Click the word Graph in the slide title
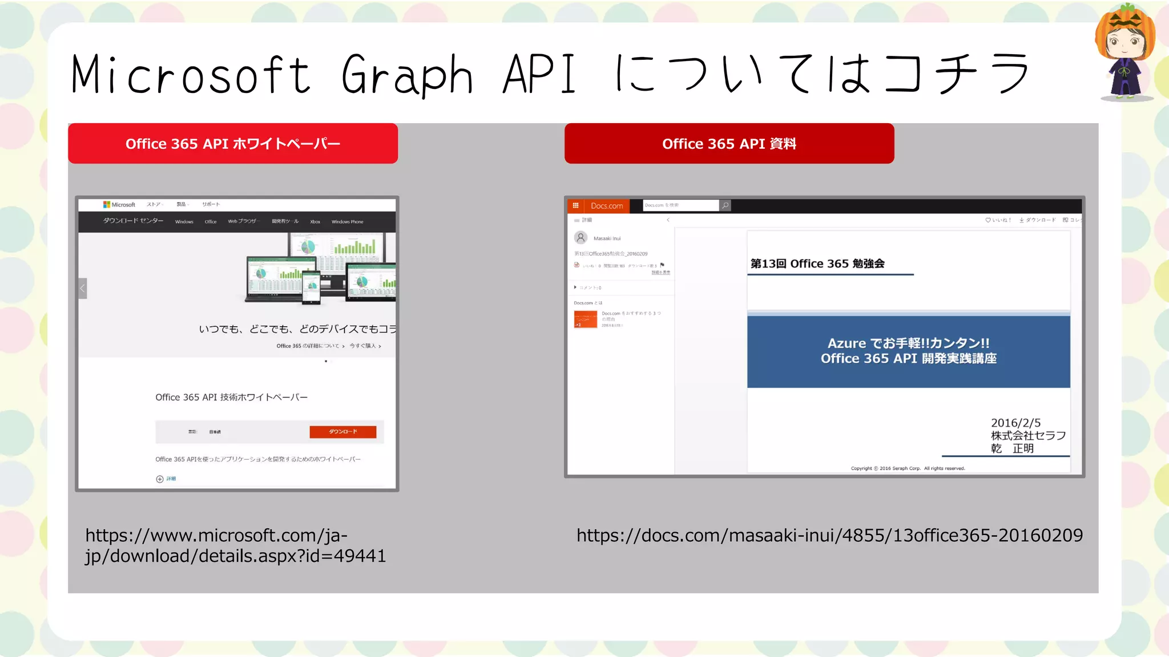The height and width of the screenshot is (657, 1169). pyautogui.click(x=407, y=75)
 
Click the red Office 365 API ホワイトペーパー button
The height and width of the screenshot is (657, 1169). pyautogui.click(x=233, y=144)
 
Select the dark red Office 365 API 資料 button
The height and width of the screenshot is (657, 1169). pyautogui.click(x=729, y=144)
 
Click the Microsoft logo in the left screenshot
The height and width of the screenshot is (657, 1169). pyautogui.click(x=119, y=205)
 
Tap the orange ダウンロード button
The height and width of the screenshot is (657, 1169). pyautogui.click(x=342, y=432)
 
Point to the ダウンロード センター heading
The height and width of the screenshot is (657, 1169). pyautogui.click(x=133, y=221)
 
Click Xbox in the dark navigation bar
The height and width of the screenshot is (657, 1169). pyautogui.click(x=315, y=222)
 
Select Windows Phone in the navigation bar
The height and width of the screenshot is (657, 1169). pyautogui.click(x=347, y=222)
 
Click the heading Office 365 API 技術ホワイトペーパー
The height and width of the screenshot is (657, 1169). pyautogui.click(x=231, y=398)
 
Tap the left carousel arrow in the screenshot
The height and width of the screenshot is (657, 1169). pyautogui.click(x=83, y=289)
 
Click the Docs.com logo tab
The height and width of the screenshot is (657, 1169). pyautogui.click(x=606, y=206)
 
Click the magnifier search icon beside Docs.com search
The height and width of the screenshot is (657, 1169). pyautogui.click(x=725, y=205)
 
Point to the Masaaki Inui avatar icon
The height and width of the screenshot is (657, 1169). pyautogui.click(x=581, y=238)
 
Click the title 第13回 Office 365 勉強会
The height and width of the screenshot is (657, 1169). pyautogui.click(x=817, y=263)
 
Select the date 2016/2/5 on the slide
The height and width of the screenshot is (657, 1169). pyautogui.click(x=1015, y=423)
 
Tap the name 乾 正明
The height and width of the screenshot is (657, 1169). pyautogui.click(x=1012, y=449)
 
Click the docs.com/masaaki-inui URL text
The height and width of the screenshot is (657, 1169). pyautogui.click(x=829, y=536)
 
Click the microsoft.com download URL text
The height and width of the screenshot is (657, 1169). pyautogui.click(x=235, y=546)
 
